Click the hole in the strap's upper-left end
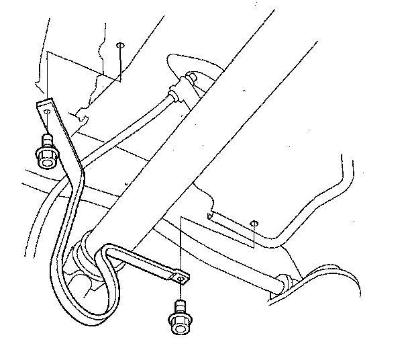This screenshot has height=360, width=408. coord(47,112)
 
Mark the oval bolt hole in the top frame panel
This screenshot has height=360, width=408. coord(119,45)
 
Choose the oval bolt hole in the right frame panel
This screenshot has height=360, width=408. coord(254,222)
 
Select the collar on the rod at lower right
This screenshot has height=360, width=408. coord(283,281)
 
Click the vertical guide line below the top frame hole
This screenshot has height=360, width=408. coord(119,64)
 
